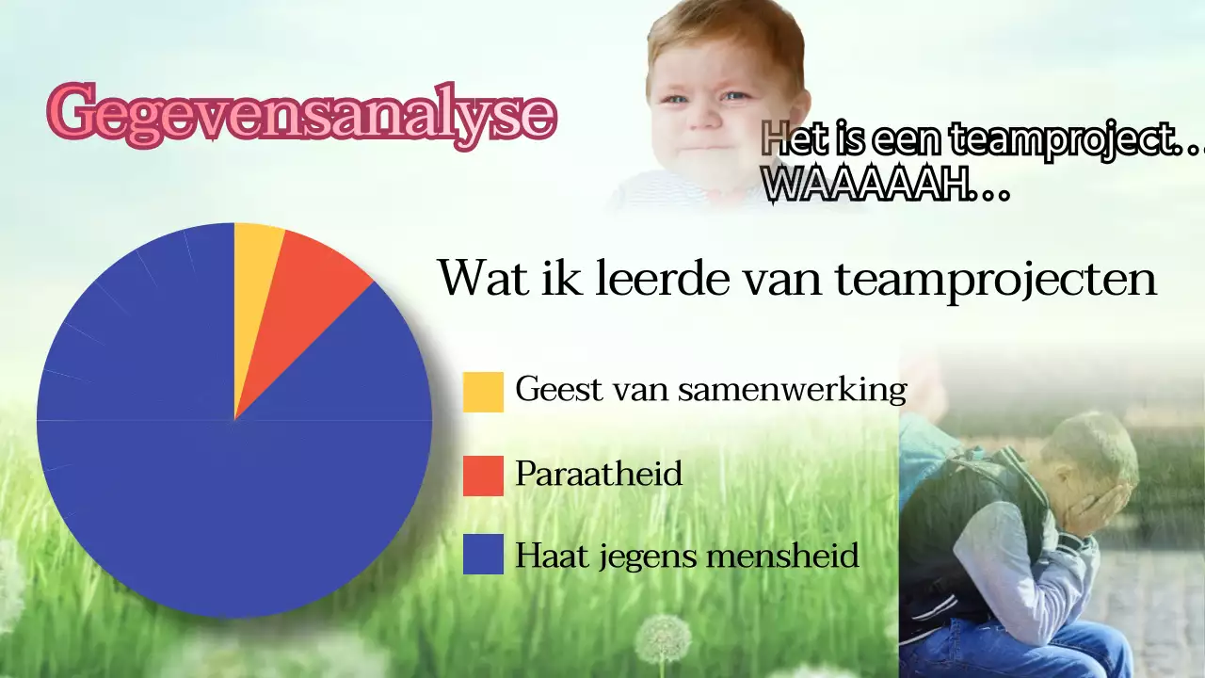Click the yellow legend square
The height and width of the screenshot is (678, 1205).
(x=483, y=392)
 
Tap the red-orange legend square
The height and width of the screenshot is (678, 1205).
(x=483, y=476)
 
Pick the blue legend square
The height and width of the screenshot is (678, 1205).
(x=483, y=555)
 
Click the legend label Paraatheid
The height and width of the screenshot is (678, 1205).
(x=598, y=474)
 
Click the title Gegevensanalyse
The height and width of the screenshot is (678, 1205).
(x=302, y=114)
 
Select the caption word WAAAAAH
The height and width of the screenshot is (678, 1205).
(x=866, y=187)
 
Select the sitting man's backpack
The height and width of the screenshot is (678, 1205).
(x=951, y=527)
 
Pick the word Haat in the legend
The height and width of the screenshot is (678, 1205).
(x=545, y=556)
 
